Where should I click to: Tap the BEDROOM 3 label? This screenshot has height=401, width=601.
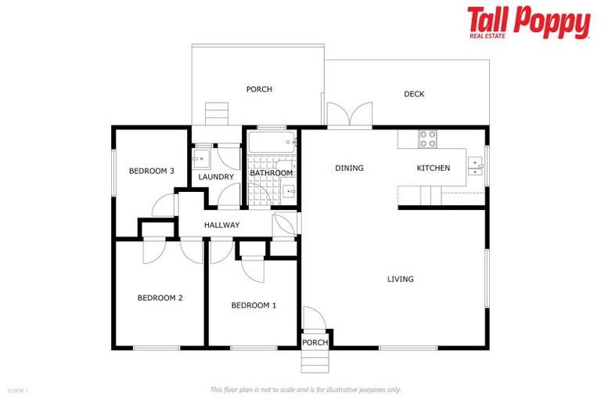click(152, 171)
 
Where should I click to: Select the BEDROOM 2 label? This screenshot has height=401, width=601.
click(160, 298)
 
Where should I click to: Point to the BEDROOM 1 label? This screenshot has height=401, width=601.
click(254, 305)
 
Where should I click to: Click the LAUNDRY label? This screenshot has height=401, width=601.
click(216, 177)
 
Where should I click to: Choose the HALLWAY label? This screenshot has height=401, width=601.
click(221, 226)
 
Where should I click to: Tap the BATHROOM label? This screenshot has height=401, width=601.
click(272, 173)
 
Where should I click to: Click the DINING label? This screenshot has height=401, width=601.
click(349, 168)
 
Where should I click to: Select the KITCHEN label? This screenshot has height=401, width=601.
click(433, 168)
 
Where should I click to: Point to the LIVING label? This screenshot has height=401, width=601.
click(400, 279)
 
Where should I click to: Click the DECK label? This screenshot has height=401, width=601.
click(414, 94)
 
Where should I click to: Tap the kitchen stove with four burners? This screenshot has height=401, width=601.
click(428, 139)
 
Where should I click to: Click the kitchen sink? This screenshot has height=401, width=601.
click(475, 165)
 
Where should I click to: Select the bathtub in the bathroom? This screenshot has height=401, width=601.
click(271, 142)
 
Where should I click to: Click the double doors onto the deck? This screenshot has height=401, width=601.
click(349, 116)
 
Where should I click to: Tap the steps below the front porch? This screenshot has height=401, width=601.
click(315, 361)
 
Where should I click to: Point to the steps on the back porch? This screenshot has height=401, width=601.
click(216, 114)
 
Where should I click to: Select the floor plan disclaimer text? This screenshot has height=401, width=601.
click(305, 389)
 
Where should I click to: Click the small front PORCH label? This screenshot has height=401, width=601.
click(315, 342)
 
